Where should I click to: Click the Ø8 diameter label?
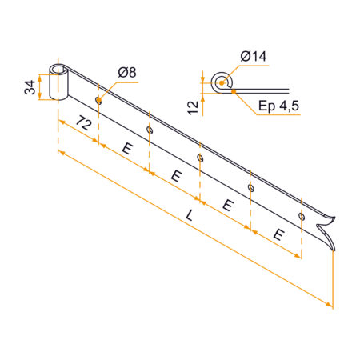(x=127, y=72)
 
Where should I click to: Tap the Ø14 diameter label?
(x=254, y=56)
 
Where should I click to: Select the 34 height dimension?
(x=30, y=87)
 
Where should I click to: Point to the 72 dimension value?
(x=84, y=123)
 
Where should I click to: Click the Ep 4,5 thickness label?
(x=278, y=106)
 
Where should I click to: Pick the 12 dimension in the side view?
(x=194, y=108)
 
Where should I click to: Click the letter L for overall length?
(x=190, y=215)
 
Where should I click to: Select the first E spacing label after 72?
(x=128, y=148)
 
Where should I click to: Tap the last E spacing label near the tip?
(x=278, y=234)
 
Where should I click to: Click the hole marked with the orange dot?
(x=98, y=101)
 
